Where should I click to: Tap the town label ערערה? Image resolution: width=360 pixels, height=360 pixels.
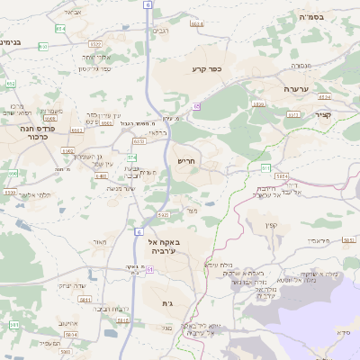296,89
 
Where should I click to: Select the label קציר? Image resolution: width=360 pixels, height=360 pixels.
323,115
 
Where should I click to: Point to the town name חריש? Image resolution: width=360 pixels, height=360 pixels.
186,160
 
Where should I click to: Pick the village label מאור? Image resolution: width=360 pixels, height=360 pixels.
99,243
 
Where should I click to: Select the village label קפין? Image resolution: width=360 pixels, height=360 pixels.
272,226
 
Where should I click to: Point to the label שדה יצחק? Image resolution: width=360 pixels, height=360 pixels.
73,285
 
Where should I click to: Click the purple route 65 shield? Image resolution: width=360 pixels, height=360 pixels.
195,106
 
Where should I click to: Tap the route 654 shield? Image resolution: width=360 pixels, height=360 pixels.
59,29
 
